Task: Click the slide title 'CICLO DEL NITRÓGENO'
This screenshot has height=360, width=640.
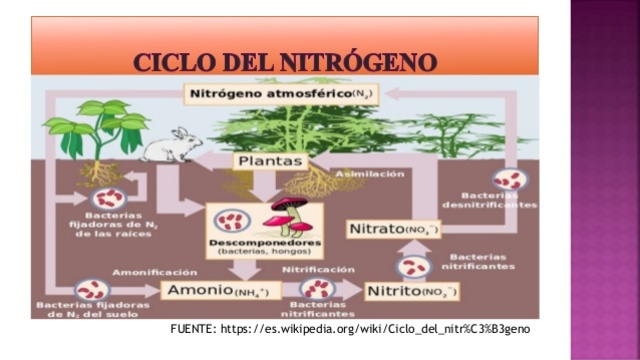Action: pyautogui.click(x=285, y=61)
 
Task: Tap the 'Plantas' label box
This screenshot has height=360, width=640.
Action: pyautogui.click(x=267, y=160)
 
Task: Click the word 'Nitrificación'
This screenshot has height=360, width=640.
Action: pyautogui.click(x=317, y=270)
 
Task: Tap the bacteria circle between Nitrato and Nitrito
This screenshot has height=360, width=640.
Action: pyautogui.click(x=412, y=265)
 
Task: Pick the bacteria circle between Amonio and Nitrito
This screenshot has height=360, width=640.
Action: pyautogui.click(x=317, y=289)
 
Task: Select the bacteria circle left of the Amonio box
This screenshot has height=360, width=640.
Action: pyautogui.click(x=91, y=290)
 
